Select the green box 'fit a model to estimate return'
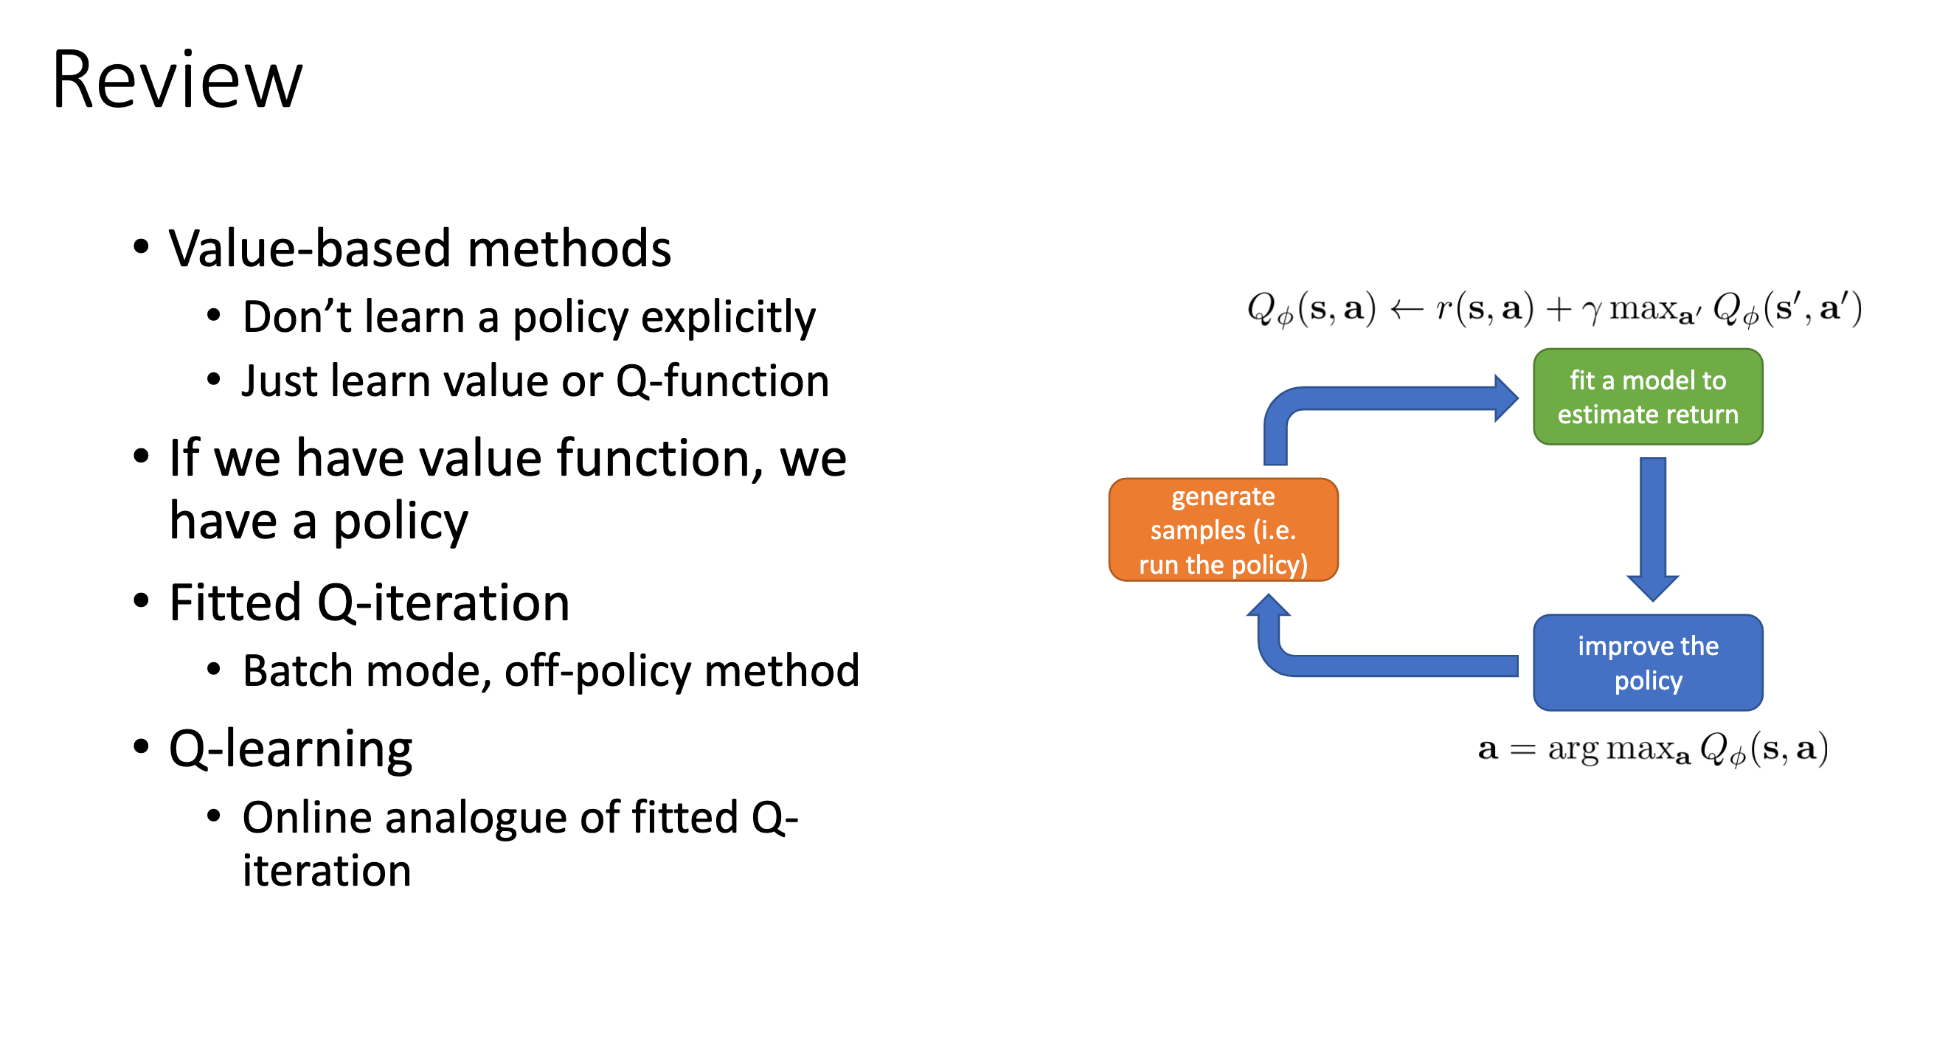(1647, 397)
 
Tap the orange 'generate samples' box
(1223, 530)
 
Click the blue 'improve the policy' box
(1647, 663)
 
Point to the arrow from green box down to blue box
(1652, 525)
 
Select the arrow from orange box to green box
(1389, 398)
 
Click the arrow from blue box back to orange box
(1389, 665)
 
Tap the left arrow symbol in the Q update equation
(1406, 309)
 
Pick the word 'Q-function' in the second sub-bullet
(722, 381)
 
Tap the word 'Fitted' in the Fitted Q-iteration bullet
(235, 603)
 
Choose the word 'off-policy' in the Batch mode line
(597, 671)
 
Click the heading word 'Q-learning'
(291, 749)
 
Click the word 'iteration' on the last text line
(327, 872)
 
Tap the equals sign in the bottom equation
(1522, 750)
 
